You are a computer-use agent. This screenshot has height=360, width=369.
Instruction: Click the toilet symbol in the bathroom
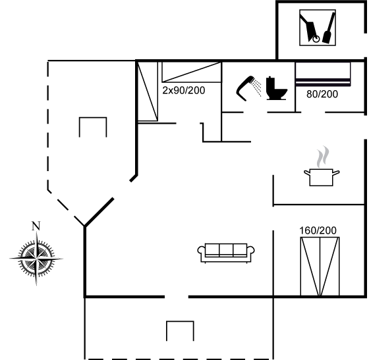(x=275, y=89)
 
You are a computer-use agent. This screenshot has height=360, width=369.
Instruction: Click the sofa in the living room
(x=226, y=253)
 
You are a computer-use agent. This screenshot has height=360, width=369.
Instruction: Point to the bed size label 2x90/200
(x=184, y=90)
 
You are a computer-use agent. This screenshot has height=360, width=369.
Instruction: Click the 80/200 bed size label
(x=322, y=94)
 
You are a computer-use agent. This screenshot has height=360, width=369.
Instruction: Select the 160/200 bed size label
(x=318, y=230)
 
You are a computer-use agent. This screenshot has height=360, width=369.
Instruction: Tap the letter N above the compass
(x=36, y=226)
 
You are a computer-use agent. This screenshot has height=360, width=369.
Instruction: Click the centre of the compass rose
(x=36, y=259)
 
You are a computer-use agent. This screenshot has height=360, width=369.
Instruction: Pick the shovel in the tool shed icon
(x=327, y=28)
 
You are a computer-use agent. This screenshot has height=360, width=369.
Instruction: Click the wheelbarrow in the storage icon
(x=310, y=30)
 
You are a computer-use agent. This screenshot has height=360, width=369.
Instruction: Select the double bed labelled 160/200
(x=320, y=267)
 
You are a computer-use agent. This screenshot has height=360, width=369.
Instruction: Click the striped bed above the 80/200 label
(x=323, y=74)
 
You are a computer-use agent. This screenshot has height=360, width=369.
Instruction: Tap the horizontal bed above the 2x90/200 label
(x=192, y=72)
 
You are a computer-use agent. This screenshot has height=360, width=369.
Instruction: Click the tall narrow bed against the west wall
(x=148, y=91)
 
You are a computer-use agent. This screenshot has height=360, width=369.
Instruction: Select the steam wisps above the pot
(x=323, y=156)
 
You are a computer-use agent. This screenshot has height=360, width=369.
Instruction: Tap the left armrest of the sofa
(x=201, y=250)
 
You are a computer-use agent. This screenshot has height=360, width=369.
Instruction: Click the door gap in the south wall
(x=177, y=297)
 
